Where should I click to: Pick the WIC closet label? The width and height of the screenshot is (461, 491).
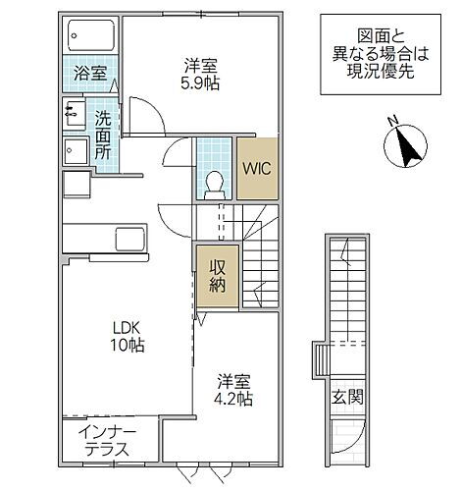257,167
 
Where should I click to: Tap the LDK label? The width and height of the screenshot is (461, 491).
125,327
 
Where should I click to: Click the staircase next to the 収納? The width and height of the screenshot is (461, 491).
265,265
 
